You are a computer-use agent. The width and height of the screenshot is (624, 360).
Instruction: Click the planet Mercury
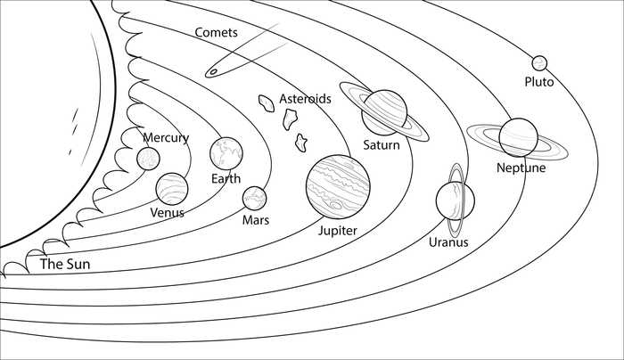149,159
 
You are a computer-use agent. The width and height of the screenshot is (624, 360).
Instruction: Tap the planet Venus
172,189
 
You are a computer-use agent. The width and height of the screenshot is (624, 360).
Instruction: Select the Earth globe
226,153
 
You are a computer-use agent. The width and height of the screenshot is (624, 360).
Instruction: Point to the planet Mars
255,199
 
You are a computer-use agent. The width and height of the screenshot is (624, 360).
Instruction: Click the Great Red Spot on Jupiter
336,205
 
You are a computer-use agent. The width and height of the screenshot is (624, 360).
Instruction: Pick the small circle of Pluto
539,63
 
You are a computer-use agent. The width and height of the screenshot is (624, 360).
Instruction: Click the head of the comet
214,72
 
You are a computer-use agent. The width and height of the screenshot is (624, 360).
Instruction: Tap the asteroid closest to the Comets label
267,103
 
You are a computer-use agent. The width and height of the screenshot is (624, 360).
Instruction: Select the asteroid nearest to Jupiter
301,143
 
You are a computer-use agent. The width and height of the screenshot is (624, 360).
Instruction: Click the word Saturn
382,144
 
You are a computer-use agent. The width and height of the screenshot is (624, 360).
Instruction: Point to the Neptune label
521,168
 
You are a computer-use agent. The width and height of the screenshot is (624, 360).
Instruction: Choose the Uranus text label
448,241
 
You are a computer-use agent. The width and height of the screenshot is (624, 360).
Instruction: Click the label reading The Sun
65,264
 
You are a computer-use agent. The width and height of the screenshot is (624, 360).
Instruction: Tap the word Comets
216,32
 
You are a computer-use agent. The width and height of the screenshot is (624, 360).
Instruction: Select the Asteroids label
305,98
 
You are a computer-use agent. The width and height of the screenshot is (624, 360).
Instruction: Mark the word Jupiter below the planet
338,231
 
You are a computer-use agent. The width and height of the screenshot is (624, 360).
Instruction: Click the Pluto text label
539,82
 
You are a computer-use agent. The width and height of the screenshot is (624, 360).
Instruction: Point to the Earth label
226,178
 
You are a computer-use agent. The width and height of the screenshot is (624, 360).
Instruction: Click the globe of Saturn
384,112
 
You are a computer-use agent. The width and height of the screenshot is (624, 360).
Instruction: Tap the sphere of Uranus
455,200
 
